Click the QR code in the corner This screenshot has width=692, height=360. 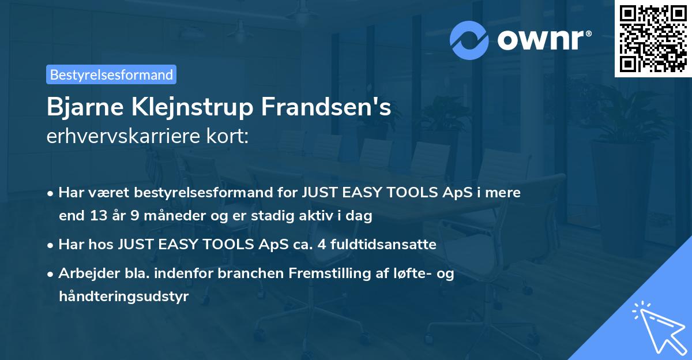pyautogui.click(x=653, y=39)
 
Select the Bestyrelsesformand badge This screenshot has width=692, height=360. pyautogui.click(x=111, y=74)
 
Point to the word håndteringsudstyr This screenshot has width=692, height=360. pyautogui.click(x=123, y=297)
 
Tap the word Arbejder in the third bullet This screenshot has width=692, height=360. pyautogui.click(x=84, y=273)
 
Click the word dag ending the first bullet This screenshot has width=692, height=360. pyautogui.click(x=360, y=216)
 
